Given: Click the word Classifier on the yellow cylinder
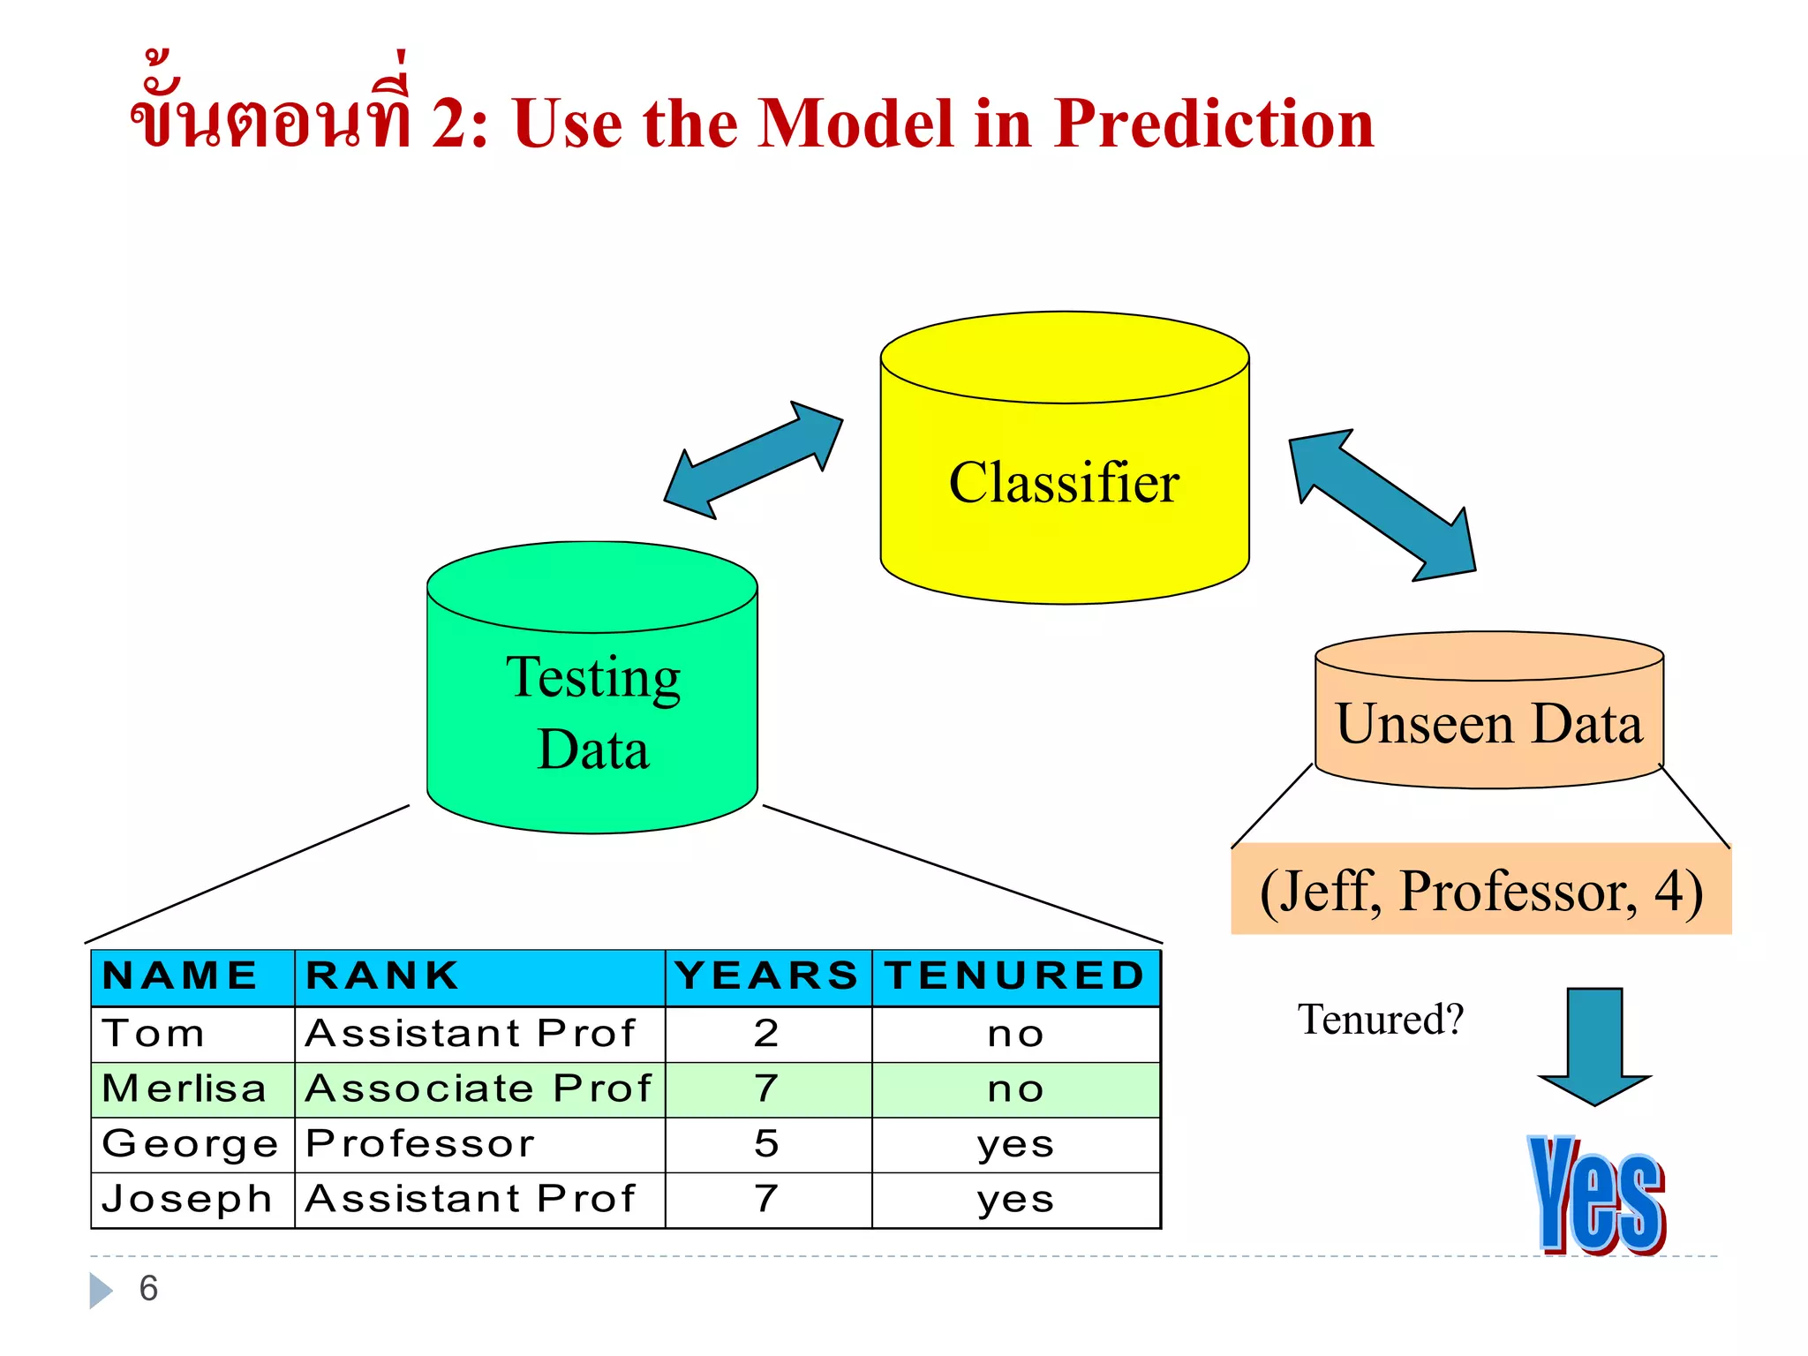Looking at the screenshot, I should click(x=1064, y=483).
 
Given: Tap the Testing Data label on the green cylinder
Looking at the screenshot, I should click(x=592, y=713).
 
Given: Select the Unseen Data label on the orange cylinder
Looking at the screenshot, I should click(x=1488, y=724).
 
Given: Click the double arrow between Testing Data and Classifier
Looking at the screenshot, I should click(x=753, y=460).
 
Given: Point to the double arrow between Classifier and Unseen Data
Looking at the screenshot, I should click(x=1382, y=505).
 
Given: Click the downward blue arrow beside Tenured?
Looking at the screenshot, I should click(x=1594, y=1046).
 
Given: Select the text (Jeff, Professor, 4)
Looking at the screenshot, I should click(x=1480, y=892).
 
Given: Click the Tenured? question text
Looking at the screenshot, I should click(x=1380, y=1020).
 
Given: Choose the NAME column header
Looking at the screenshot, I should click(x=180, y=976).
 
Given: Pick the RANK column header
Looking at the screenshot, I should click(x=382, y=976).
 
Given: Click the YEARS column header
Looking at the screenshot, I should click(x=766, y=976).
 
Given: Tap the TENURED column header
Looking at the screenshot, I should click(x=1015, y=976).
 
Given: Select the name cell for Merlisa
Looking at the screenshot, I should click(x=185, y=1089).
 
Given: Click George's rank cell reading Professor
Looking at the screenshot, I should click(x=420, y=1144).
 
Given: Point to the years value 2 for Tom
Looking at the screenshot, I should click(x=766, y=1033).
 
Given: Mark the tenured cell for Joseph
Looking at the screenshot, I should click(x=1015, y=1200).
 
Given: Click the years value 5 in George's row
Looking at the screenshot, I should click(x=766, y=1144).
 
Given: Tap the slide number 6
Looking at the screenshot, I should click(x=148, y=1289).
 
